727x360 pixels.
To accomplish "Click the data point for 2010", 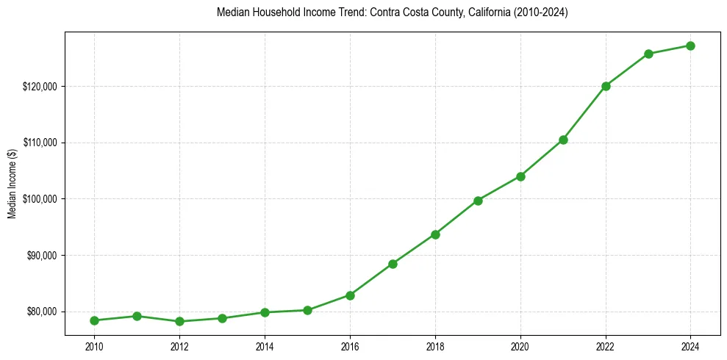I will point(94,320).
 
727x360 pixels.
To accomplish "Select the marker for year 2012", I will point(179,321).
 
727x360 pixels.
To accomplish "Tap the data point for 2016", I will point(350,295).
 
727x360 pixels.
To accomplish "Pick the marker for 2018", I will point(435,234).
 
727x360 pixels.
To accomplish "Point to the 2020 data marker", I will point(520,176).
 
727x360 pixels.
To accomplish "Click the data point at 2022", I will point(606,86).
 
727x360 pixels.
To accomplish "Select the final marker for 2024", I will point(691,46).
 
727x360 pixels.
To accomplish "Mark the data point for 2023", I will point(648,54).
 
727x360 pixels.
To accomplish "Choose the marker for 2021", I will point(563,140).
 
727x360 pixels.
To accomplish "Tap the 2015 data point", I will point(307,310).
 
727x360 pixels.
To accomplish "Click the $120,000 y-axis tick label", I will point(40,86).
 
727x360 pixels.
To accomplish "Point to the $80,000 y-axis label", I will point(42,312).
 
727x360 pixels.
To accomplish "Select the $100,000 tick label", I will point(40,199).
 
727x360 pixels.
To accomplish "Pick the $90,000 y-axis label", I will point(42,255).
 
